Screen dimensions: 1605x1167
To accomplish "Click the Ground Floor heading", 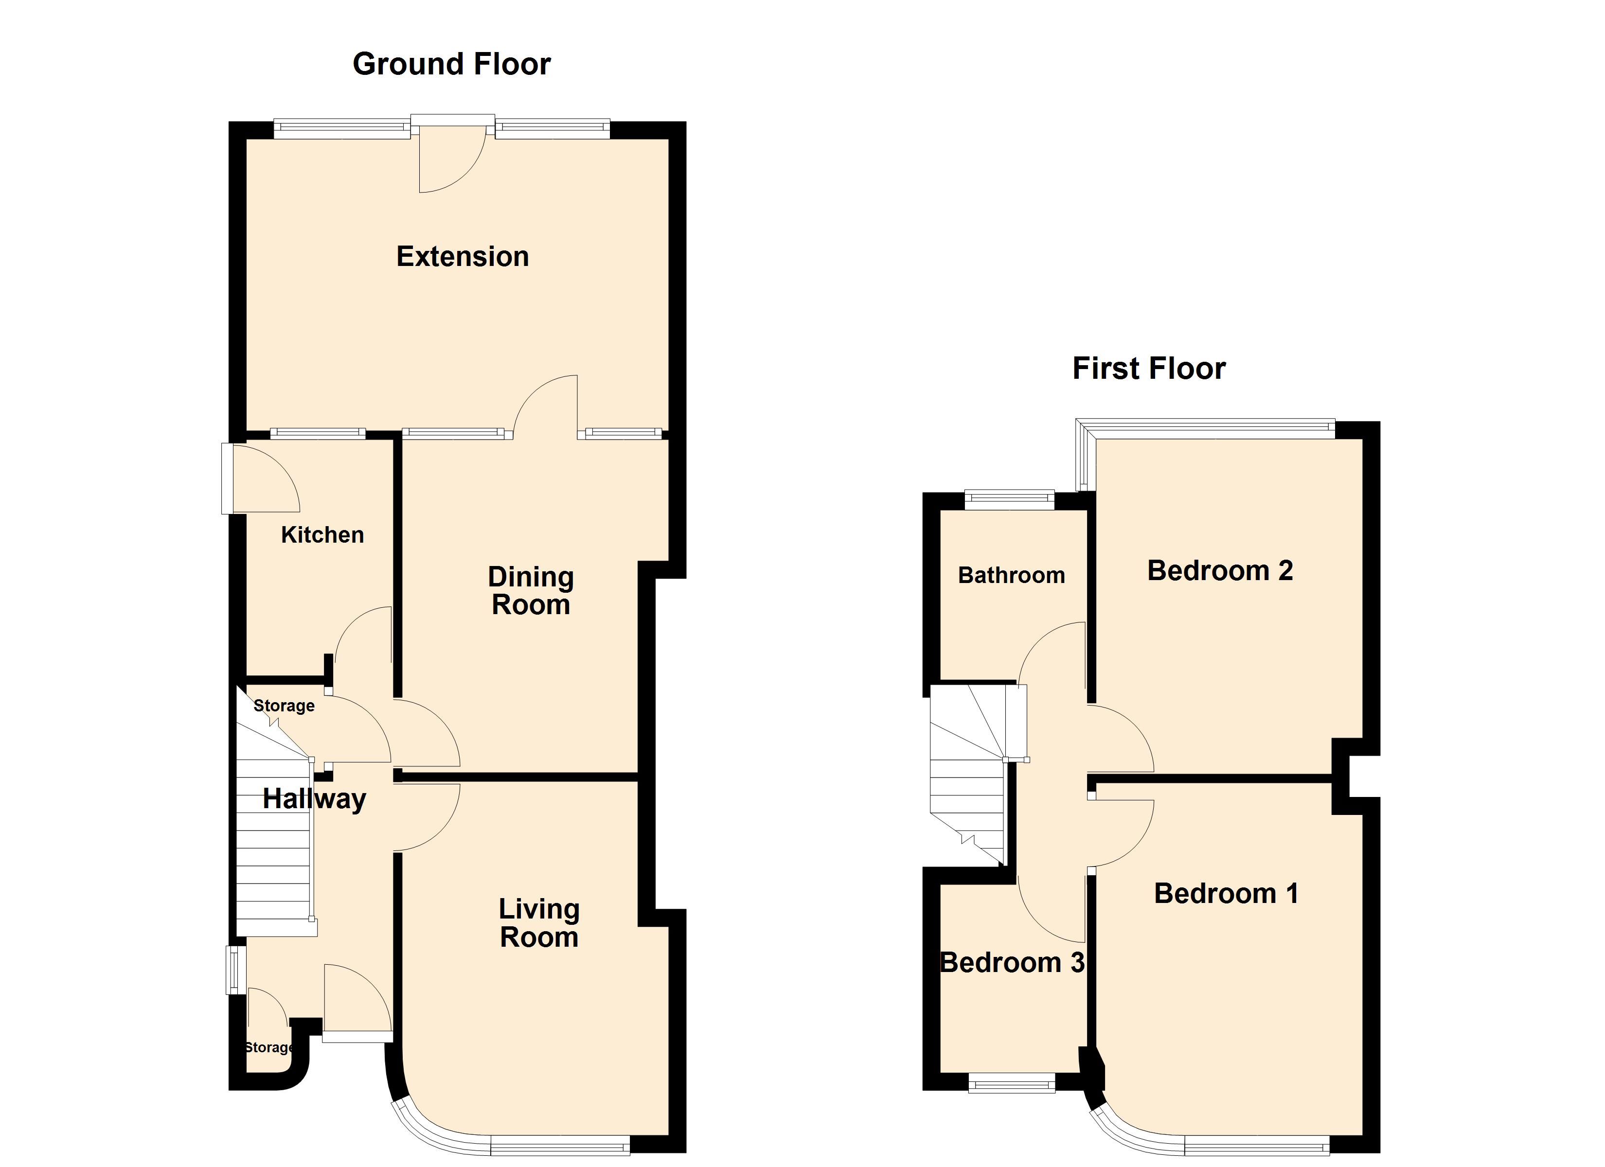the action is (451, 64).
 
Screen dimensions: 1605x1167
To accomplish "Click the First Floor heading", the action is (1149, 369).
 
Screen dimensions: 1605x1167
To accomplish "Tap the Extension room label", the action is (463, 256).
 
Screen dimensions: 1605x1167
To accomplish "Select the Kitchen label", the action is (322, 534).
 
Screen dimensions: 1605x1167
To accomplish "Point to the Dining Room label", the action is (531, 591).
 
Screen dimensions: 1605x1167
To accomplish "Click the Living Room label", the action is (539, 923).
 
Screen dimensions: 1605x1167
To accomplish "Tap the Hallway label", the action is (314, 799).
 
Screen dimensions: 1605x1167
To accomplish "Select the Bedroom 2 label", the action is (1220, 570).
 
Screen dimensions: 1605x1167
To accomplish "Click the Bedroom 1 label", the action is (1226, 893).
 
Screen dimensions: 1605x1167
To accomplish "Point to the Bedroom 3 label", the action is (1012, 962).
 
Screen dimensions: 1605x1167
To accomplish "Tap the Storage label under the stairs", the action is (284, 706).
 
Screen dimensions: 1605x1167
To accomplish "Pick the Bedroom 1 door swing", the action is (1122, 833).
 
